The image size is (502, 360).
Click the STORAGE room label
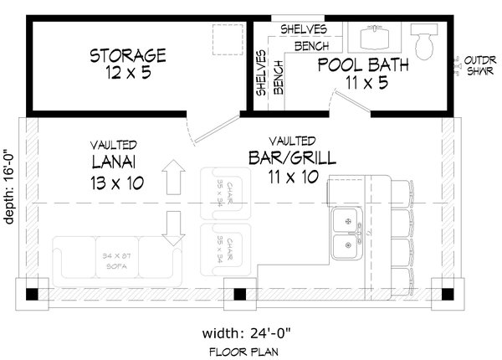(128, 56)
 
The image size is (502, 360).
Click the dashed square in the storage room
(226, 39)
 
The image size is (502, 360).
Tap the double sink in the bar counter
(346, 234)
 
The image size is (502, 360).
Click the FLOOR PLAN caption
(244, 351)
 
